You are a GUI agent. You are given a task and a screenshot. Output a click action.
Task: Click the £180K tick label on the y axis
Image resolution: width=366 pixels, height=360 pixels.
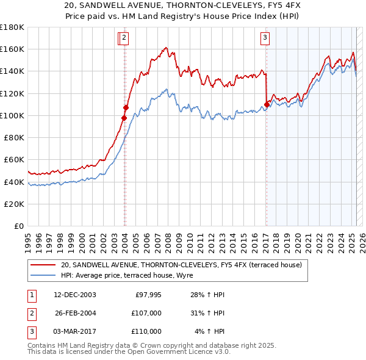pyautogui.click(x=12, y=27)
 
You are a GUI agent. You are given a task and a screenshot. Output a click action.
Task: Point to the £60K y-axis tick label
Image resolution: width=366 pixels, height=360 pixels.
pyautogui.click(x=14, y=159)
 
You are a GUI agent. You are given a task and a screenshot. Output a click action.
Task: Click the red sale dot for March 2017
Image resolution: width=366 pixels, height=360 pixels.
pyautogui.click(x=267, y=104)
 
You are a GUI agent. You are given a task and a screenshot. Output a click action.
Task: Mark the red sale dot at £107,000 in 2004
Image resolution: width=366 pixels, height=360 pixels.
pyautogui.click(x=126, y=107)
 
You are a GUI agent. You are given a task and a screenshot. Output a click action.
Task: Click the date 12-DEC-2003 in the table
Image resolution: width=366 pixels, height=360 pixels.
pyautogui.click(x=76, y=295)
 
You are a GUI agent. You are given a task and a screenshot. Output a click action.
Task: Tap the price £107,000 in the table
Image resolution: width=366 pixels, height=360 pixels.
pyautogui.click(x=147, y=313)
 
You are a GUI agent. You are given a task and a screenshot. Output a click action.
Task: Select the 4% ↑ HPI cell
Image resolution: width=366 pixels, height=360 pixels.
pyautogui.click(x=210, y=331)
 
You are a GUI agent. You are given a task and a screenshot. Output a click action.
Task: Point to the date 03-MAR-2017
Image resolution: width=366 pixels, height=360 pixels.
pyautogui.click(x=76, y=331)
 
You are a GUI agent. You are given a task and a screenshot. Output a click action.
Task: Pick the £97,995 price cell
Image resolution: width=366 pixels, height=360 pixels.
pyautogui.click(x=147, y=295)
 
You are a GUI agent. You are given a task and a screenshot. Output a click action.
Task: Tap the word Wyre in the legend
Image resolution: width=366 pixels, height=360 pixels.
pyautogui.click(x=184, y=275)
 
